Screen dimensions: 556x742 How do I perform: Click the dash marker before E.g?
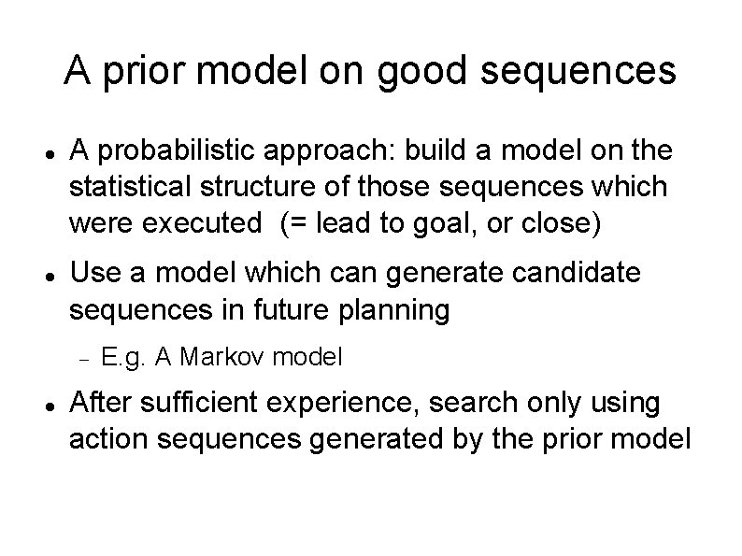83,357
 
